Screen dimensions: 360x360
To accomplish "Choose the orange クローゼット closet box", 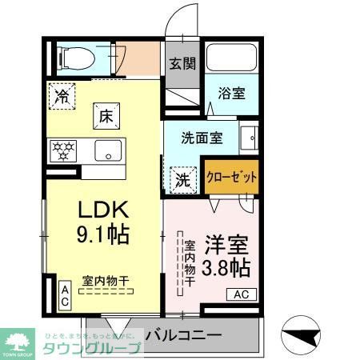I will click(232, 177).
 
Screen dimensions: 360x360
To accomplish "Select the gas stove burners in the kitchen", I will click(64, 150).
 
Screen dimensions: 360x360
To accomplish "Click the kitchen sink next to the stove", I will click(107, 150).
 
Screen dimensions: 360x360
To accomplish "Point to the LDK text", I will click(104, 210).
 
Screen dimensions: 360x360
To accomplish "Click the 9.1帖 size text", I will click(104, 236).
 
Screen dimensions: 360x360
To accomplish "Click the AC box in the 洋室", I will click(242, 295).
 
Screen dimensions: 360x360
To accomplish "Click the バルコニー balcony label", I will click(183, 335).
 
